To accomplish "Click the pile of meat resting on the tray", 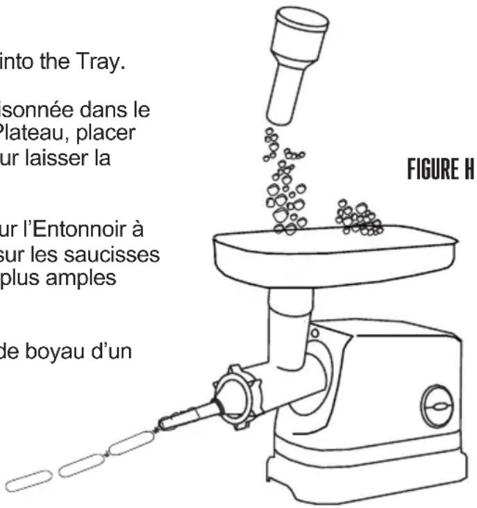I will point(358,218).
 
